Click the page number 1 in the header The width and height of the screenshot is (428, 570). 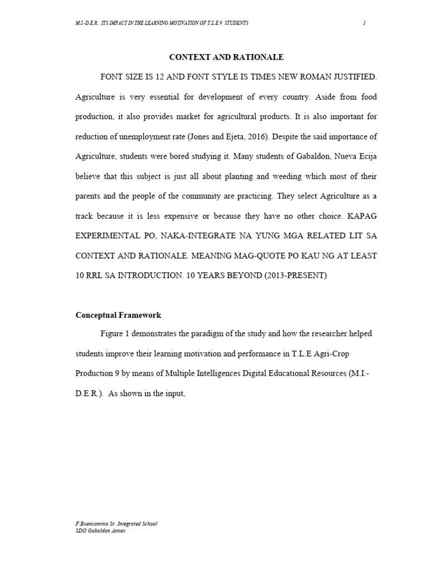click(364, 23)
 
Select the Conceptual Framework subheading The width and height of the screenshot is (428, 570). click(118, 315)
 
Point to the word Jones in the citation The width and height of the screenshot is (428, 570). click(199, 136)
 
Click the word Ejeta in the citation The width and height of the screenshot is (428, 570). click(230, 136)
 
